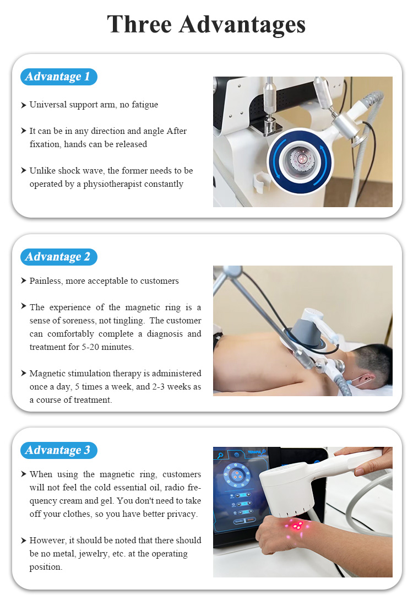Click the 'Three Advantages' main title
(206, 25)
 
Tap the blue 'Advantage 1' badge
(58, 77)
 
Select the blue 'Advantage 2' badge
(58, 257)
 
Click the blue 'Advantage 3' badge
(58, 450)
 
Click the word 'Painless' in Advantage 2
(46, 281)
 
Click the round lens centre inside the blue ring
(299, 160)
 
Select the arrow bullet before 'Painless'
(24, 281)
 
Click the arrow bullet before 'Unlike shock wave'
(24, 171)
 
